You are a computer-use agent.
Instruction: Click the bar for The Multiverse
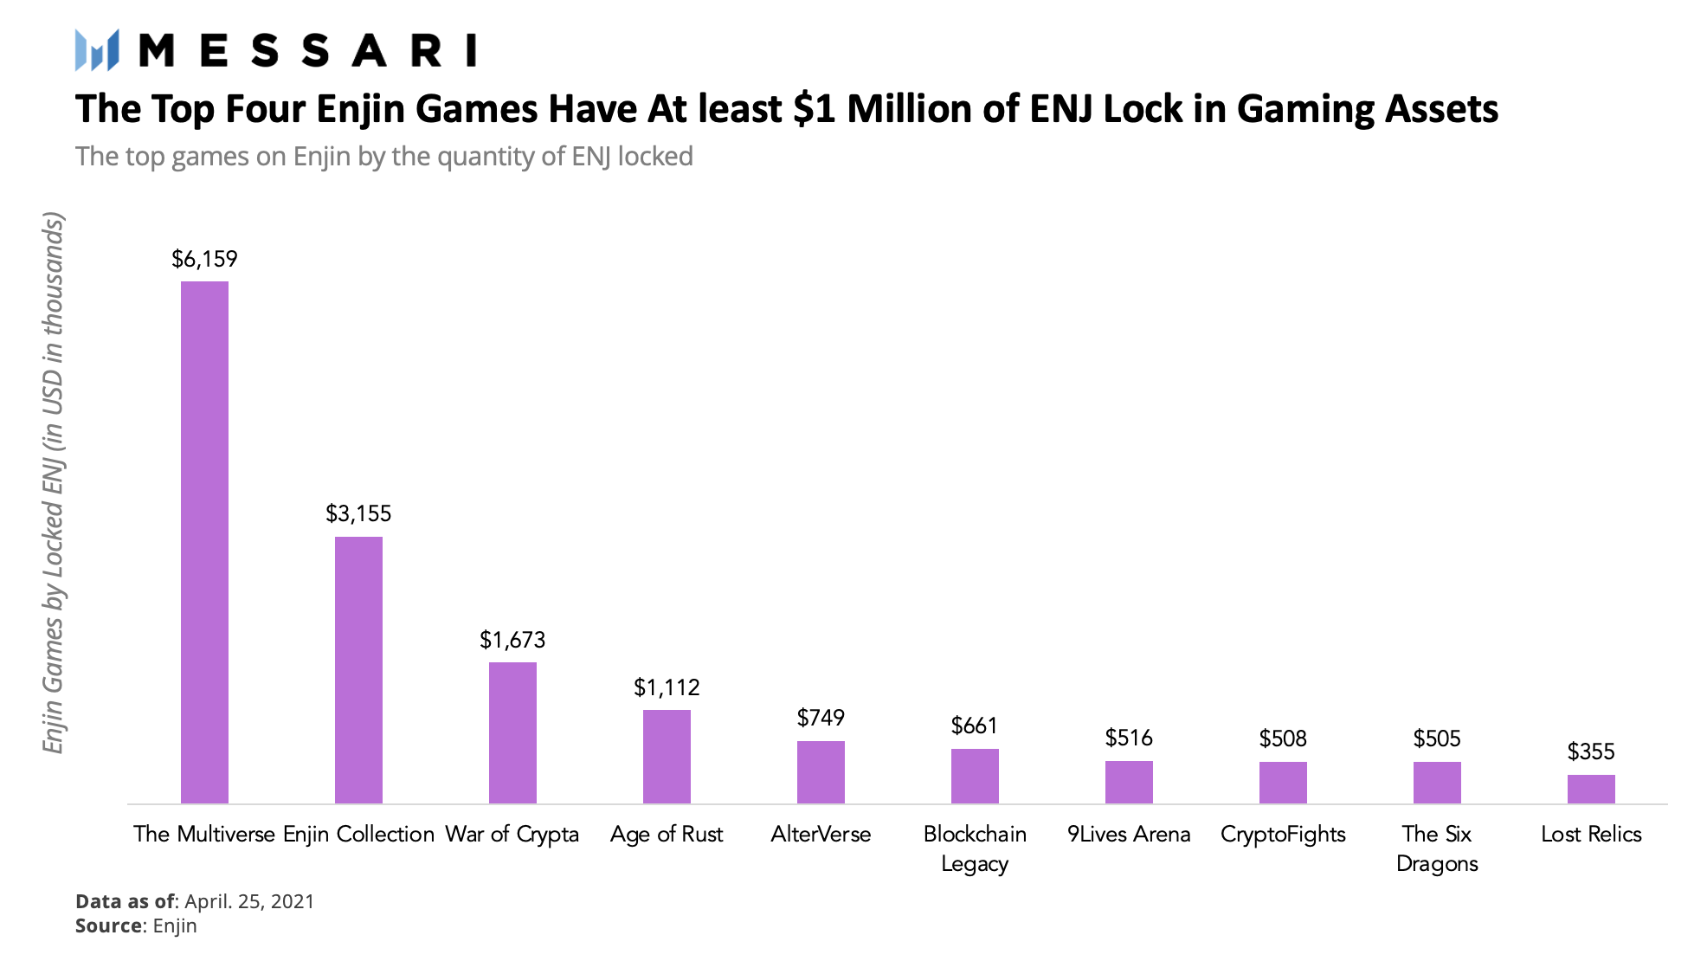point(204,542)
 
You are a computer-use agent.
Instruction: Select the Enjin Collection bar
point(358,669)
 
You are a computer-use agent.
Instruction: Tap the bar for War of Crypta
point(512,732)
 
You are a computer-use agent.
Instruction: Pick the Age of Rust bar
point(667,756)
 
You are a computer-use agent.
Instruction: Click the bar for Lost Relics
point(1591,789)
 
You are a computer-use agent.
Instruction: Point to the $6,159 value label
point(204,259)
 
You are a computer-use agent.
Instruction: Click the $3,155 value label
point(358,513)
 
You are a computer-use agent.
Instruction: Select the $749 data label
point(821,718)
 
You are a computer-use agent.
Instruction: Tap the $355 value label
point(1591,751)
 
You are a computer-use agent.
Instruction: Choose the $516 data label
point(1129,738)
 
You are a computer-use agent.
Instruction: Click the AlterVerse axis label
point(821,834)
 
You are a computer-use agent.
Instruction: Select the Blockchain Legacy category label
point(975,848)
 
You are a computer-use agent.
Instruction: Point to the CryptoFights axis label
point(1283,834)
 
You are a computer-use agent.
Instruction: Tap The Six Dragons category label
point(1437,848)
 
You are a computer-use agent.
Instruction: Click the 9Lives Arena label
point(1129,834)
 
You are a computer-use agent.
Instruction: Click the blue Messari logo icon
point(97,50)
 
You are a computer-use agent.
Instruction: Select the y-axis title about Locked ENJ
point(54,483)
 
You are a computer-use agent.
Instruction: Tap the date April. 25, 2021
point(249,901)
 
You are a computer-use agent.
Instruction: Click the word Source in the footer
point(108,926)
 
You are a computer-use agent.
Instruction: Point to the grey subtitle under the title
point(384,157)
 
